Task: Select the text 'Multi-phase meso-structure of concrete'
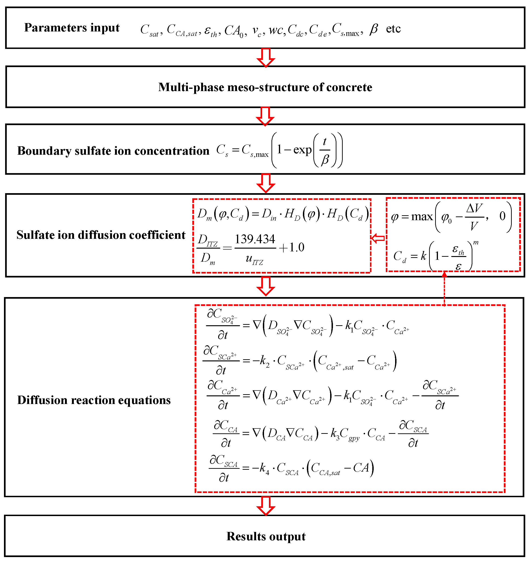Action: click(x=265, y=87)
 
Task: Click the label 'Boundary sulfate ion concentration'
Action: click(x=113, y=151)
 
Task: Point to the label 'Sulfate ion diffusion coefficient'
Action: click(x=101, y=235)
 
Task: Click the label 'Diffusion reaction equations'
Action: click(x=94, y=400)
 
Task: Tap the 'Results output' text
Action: click(x=266, y=537)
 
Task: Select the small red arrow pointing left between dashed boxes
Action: click(x=378, y=238)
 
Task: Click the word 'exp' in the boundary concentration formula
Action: click(x=302, y=150)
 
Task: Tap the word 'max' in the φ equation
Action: click(x=422, y=217)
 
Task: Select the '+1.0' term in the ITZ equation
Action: click(x=292, y=247)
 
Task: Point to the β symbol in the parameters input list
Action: click(x=374, y=29)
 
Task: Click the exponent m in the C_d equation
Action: click(x=476, y=243)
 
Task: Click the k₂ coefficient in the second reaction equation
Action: click(x=264, y=361)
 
